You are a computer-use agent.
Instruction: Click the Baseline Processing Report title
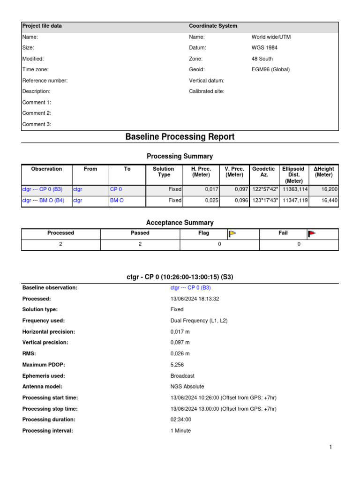click(180, 137)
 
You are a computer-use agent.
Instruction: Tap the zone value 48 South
click(262, 59)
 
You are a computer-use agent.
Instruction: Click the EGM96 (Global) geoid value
click(270, 69)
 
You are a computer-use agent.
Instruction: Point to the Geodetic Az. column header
click(263, 172)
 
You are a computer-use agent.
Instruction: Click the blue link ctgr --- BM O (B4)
click(43, 201)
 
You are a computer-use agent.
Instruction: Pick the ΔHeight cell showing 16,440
click(329, 201)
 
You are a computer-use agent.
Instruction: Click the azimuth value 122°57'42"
click(265, 189)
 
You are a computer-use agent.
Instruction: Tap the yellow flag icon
click(232, 233)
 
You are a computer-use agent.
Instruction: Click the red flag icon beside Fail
click(312, 233)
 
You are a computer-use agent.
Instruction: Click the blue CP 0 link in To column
click(116, 189)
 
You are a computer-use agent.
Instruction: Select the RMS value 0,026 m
click(180, 353)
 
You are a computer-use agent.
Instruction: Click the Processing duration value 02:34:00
click(181, 420)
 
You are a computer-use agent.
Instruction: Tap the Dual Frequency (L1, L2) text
click(199, 321)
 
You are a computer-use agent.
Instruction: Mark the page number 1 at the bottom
click(330, 448)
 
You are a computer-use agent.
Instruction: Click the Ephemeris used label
click(44, 375)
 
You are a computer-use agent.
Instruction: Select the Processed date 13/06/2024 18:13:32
click(195, 299)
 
